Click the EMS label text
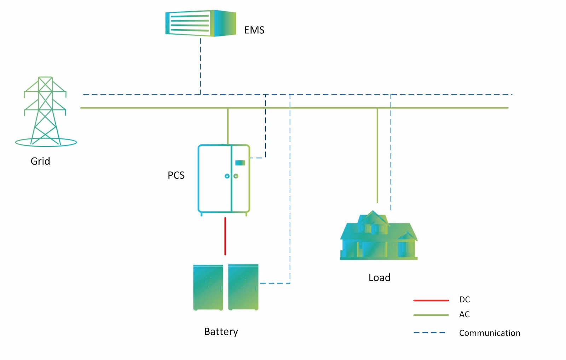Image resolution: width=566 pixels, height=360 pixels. [254, 30]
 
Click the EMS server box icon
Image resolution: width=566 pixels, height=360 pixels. [201, 23]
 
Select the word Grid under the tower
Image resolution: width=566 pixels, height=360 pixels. [40, 161]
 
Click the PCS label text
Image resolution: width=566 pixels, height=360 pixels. [176, 176]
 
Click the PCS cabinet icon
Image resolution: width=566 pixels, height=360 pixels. [224, 178]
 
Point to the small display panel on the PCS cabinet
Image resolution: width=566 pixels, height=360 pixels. [240, 163]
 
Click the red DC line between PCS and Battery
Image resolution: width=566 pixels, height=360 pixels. [225, 236]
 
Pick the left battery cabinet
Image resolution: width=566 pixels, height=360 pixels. [208, 287]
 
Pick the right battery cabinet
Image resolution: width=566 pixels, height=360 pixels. [243, 287]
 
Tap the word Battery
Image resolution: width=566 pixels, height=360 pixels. [221, 332]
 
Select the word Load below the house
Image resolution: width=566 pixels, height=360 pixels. [379, 278]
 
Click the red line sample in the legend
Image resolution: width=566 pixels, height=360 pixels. [431, 300]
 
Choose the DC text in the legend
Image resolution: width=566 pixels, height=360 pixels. [464, 300]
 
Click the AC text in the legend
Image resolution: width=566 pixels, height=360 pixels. [464, 315]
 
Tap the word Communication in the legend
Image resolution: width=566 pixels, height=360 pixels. [490, 333]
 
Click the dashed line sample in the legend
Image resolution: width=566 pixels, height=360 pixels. [429, 333]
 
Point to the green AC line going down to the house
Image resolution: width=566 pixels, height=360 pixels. [377, 156]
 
